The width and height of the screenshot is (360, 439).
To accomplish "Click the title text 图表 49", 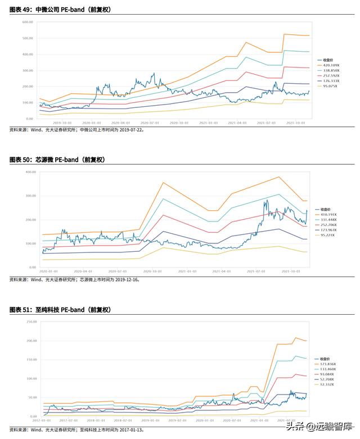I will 21,10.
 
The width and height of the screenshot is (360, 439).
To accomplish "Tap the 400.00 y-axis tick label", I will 29,172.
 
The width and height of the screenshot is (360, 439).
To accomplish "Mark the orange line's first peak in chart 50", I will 163,182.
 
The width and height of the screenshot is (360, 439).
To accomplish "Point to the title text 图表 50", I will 21,160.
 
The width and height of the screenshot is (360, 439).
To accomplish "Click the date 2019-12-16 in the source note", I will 126,279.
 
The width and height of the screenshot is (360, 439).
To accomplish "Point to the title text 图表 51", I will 21,310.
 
